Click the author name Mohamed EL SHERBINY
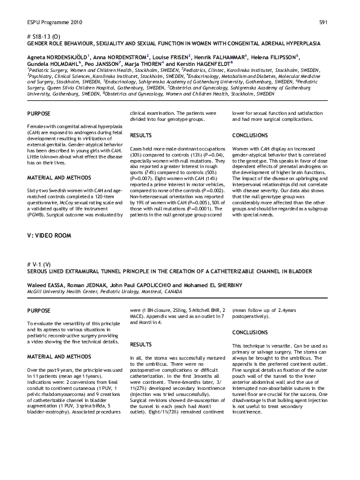pos(211,285)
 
